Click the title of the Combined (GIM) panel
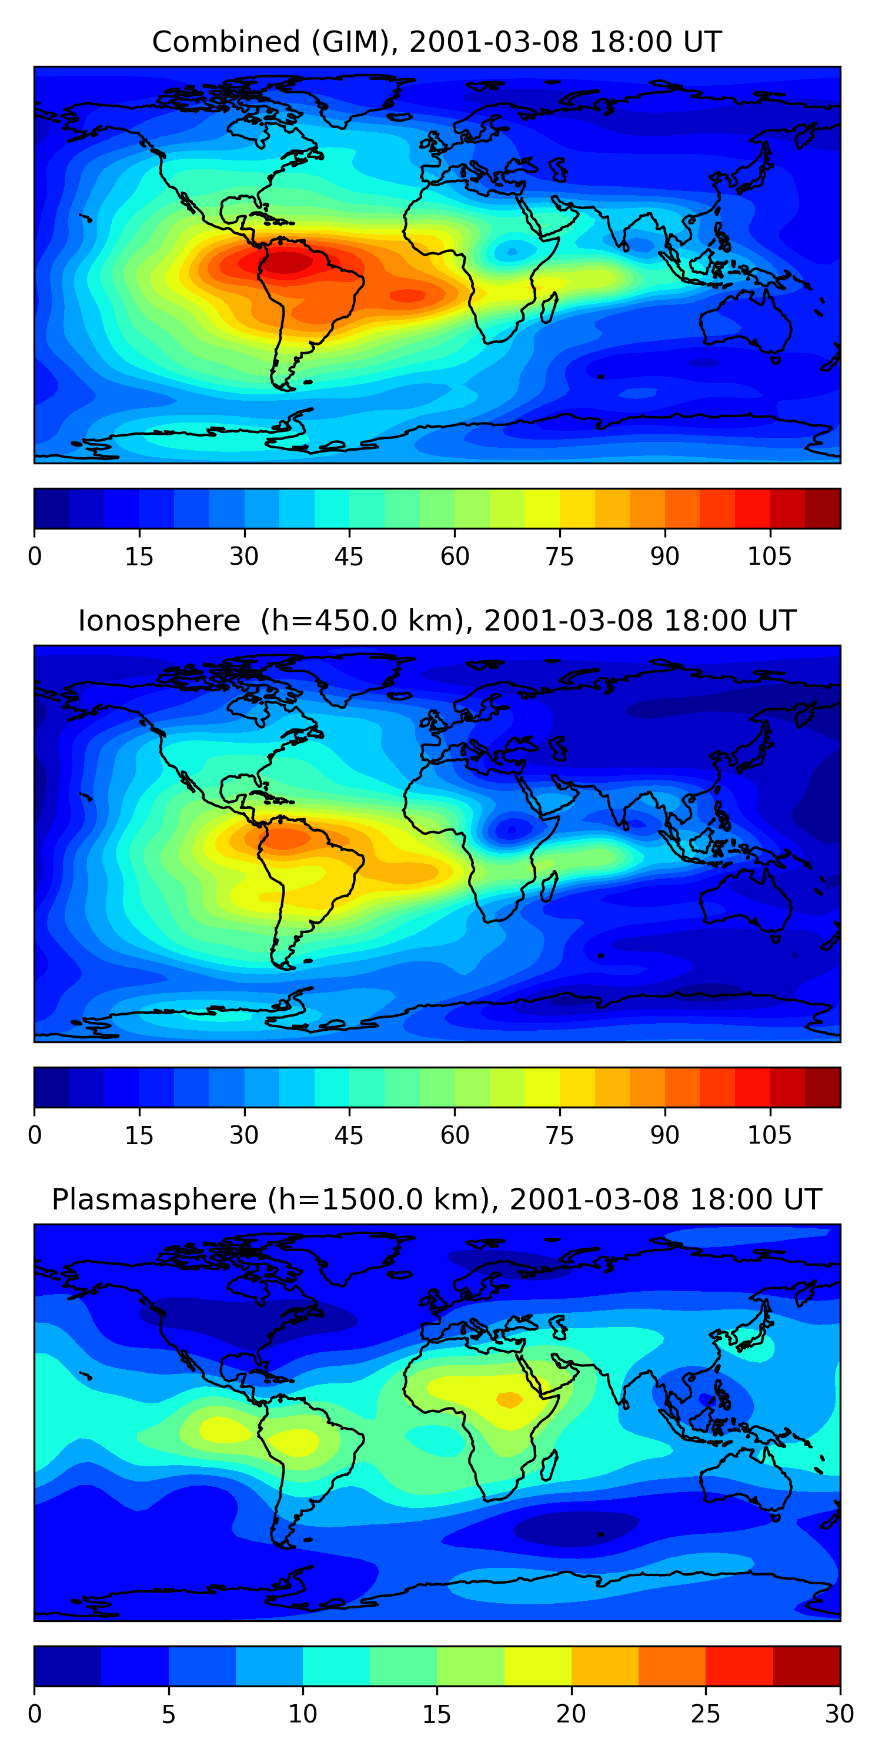[436, 42]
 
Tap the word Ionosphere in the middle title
[159, 621]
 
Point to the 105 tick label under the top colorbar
[769, 557]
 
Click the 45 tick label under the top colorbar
[349, 557]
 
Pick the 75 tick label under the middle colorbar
[559, 1135]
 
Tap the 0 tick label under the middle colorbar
[35, 1135]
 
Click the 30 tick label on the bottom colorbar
[839, 1714]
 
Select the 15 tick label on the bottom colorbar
[436, 1714]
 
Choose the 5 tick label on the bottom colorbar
[168, 1714]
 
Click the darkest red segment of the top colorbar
[823, 508]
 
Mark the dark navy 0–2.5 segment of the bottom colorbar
[68, 1666]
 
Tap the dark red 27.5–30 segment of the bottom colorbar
[806, 1666]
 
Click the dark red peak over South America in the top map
[288, 262]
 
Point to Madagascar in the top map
[549, 308]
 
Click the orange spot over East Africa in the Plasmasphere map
[509, 1400]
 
